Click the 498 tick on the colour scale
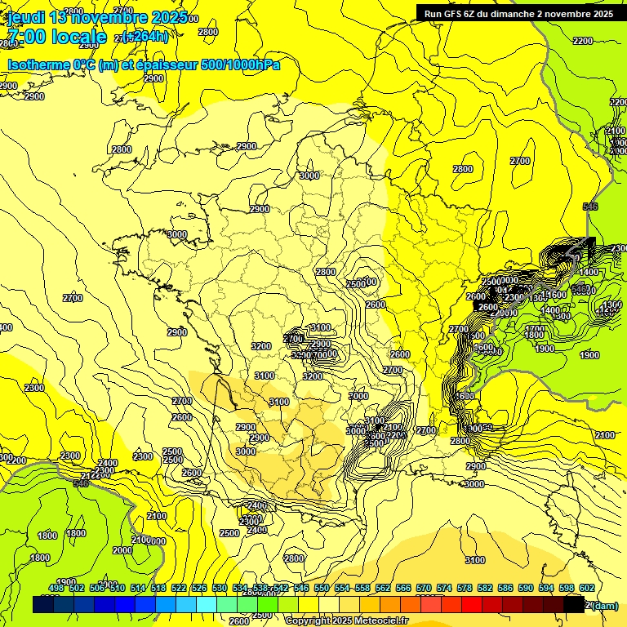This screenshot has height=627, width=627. click(56, 588)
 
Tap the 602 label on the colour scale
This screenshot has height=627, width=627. click(587, 588)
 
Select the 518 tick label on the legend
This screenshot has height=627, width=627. click(158, 588)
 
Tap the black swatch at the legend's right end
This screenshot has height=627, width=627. click(575, 604)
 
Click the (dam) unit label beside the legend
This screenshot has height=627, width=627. click(605, 605)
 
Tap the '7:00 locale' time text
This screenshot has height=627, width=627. click(57, 37)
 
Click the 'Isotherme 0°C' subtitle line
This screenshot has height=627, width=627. click(143, 64)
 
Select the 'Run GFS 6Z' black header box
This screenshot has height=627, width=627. click(519, 13)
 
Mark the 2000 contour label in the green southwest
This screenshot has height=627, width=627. click(122, 550)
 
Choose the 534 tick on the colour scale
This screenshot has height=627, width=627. click(240, 588)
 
